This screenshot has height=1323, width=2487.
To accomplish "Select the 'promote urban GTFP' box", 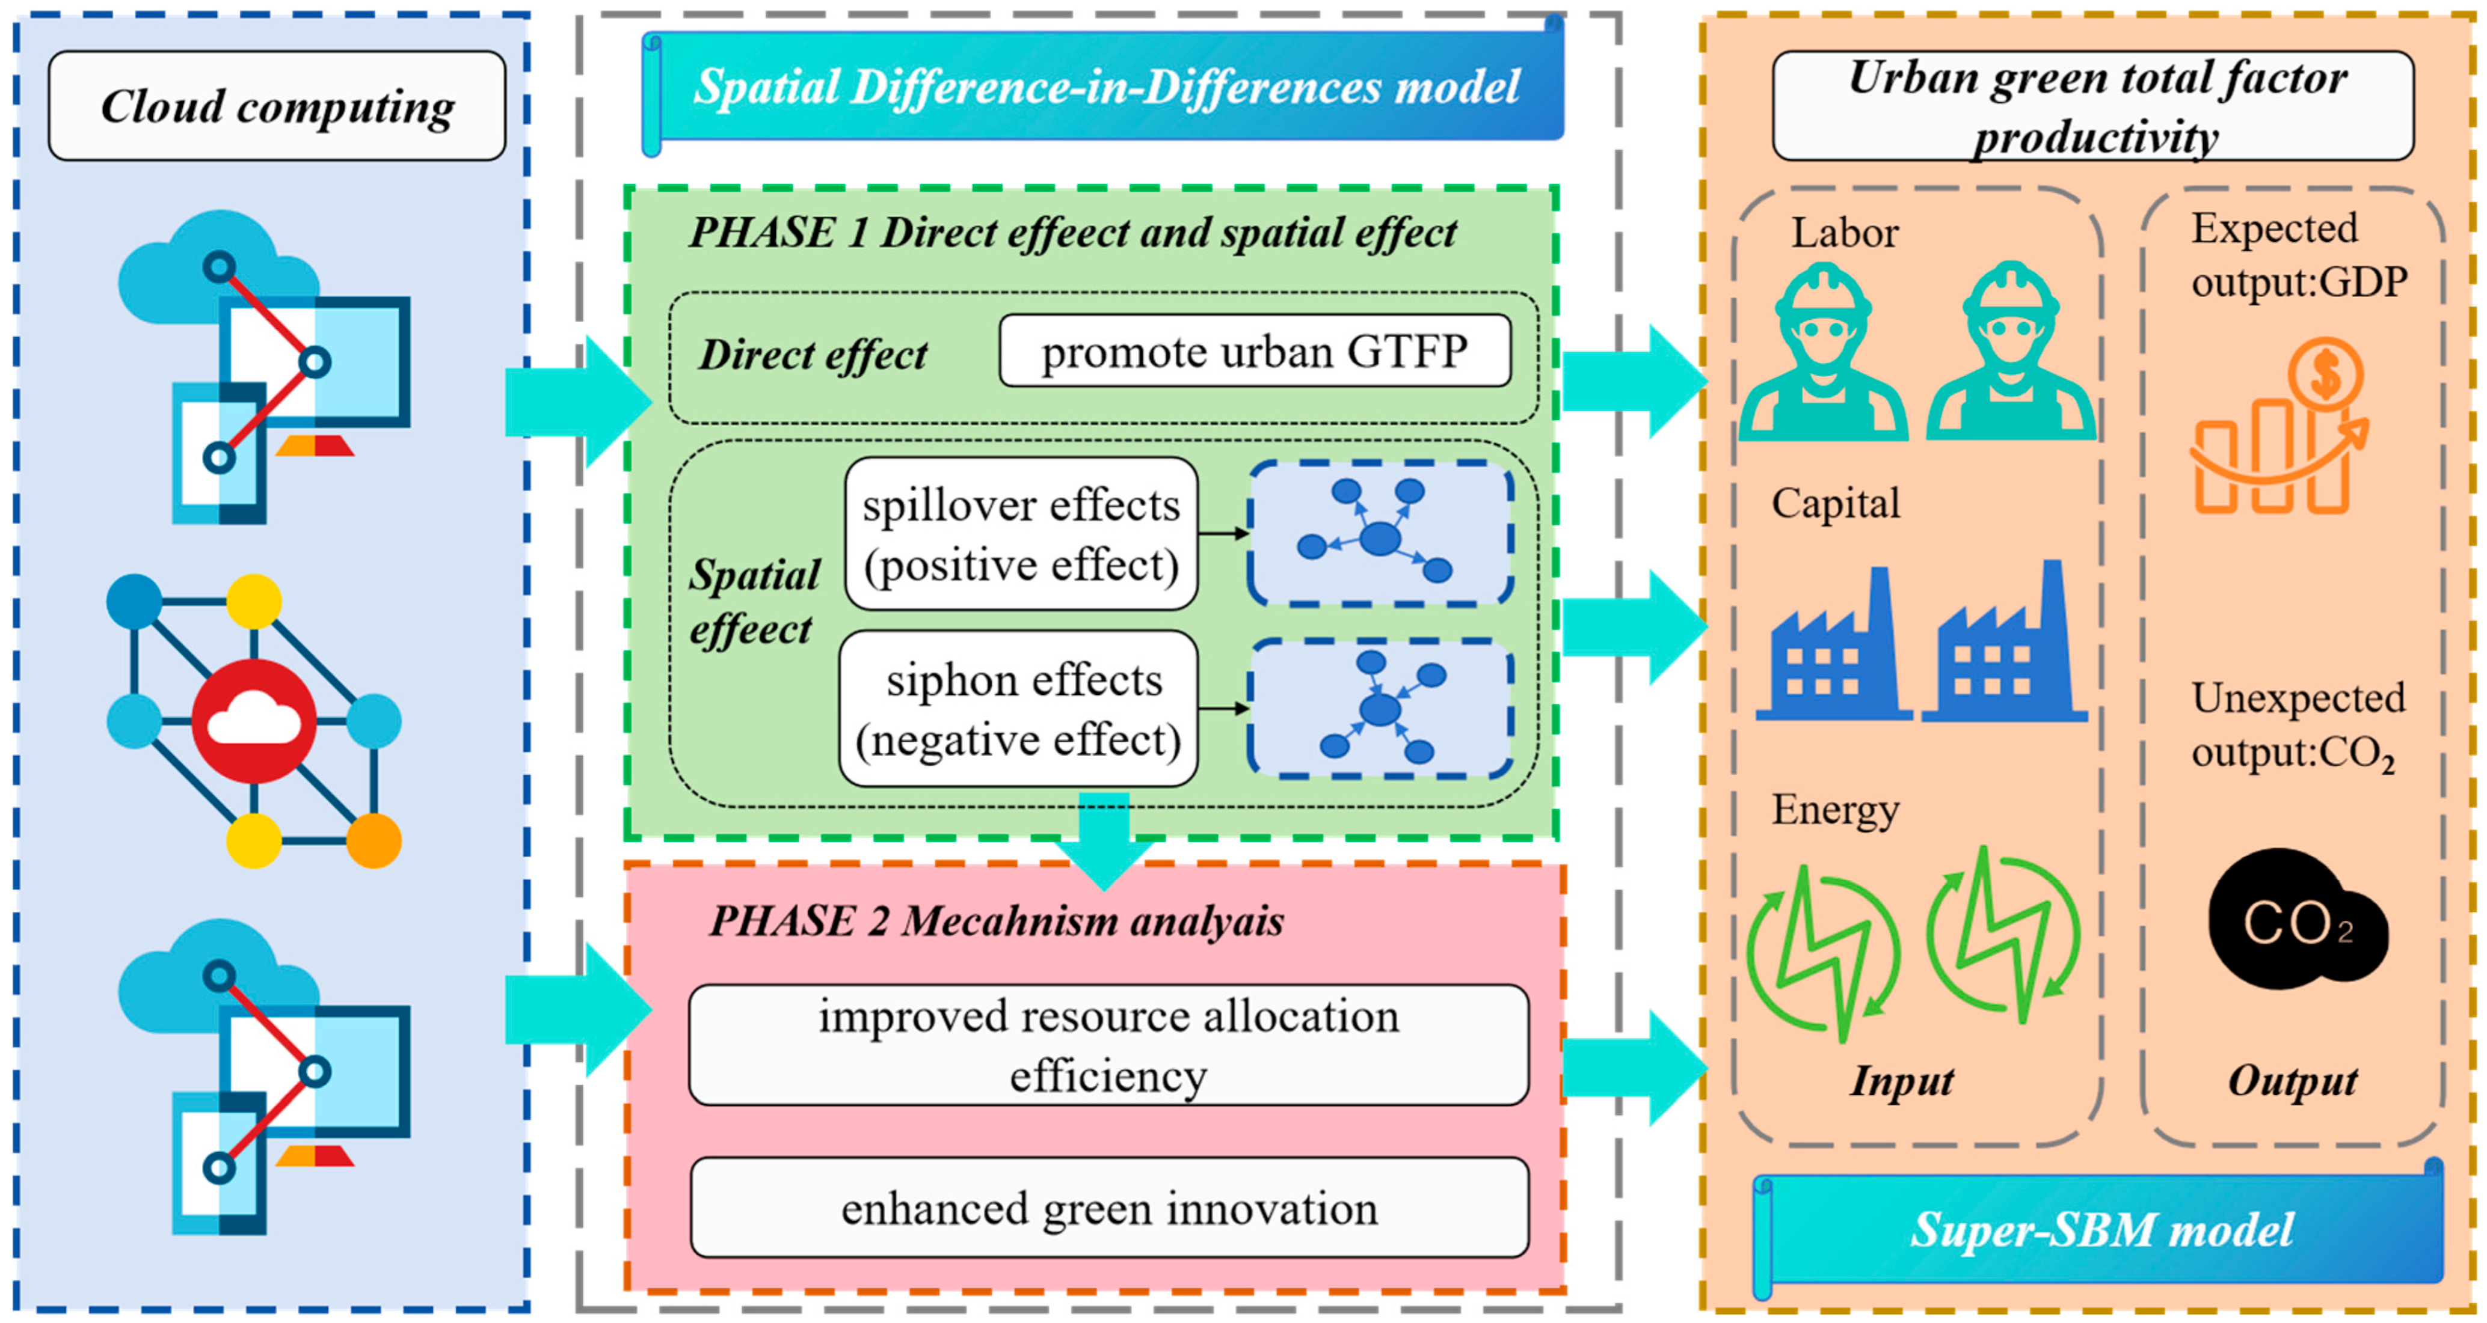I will (x=1254, y=351).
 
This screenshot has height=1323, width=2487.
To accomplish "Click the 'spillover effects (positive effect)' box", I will (x=1021, y=534).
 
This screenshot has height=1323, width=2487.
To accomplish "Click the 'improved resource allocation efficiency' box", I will (x=1108, y=1045).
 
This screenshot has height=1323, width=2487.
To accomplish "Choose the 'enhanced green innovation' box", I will (x=1108, y=1208).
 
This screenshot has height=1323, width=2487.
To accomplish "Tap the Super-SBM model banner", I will (x=2101, y=1230).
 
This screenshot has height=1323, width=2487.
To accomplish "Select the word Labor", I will (x=1844, y=233).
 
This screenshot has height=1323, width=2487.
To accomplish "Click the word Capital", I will (x=1835, y=503).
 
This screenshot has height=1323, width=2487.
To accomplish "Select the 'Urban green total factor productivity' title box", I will (x=2093, y=106).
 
